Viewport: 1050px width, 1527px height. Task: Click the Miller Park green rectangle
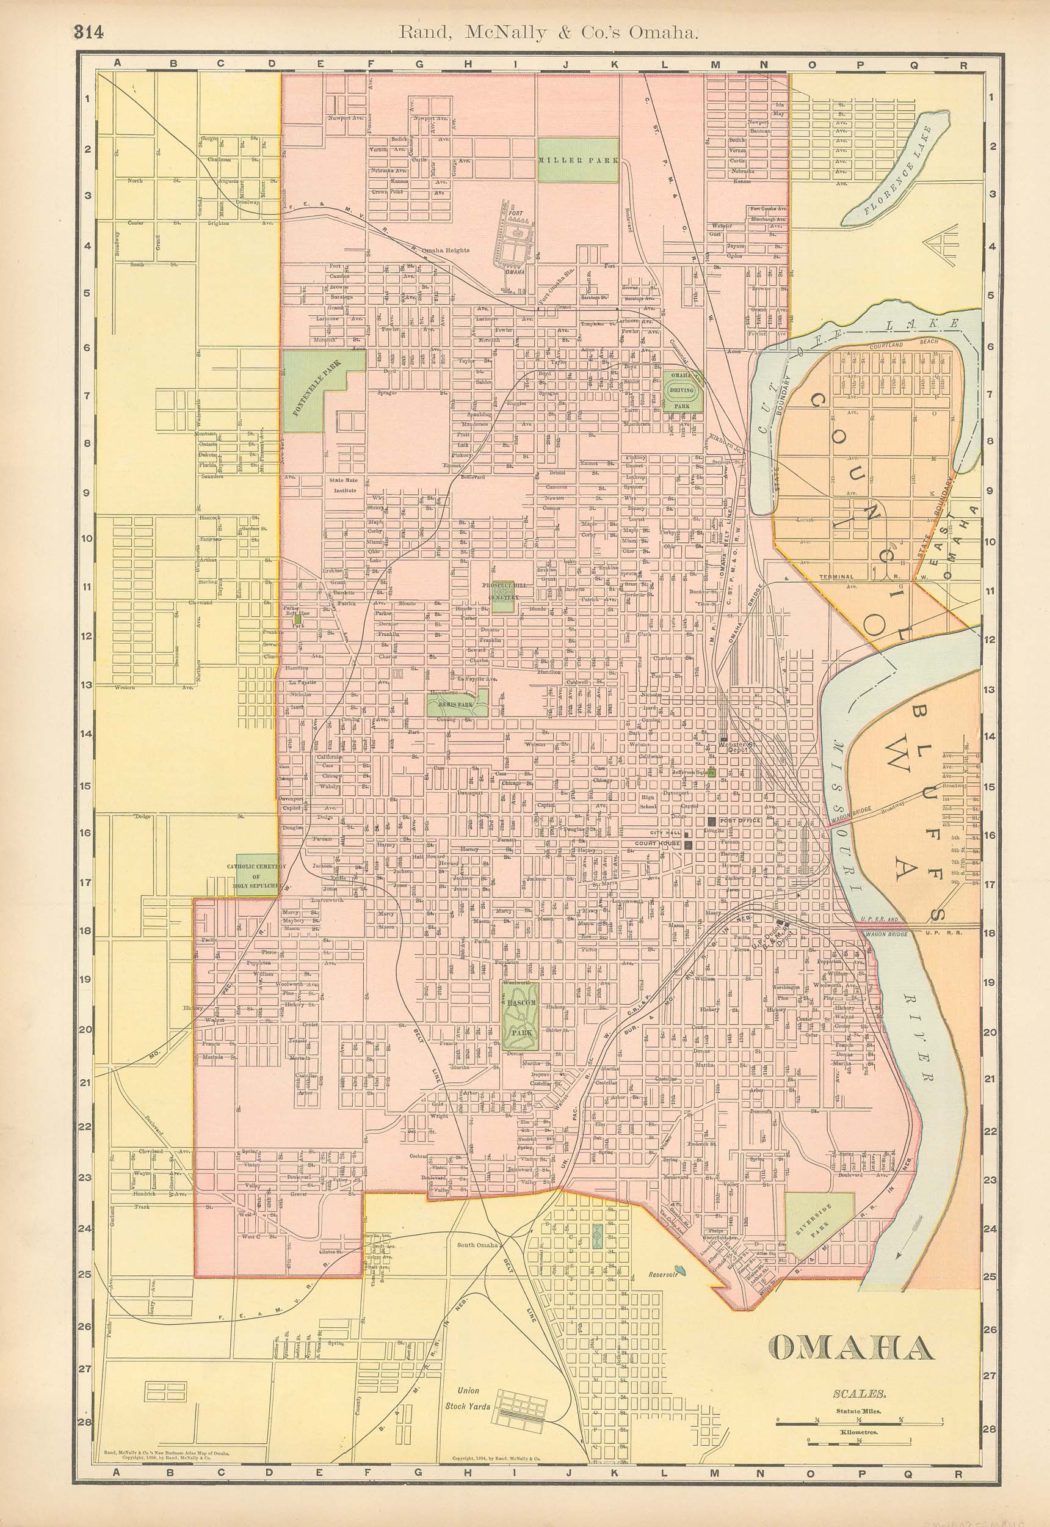577,160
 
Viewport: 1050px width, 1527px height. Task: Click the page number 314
88,32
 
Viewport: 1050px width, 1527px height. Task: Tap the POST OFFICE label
740,821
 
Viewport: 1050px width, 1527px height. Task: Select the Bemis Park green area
458,705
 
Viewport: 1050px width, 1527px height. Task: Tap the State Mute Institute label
344,484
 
